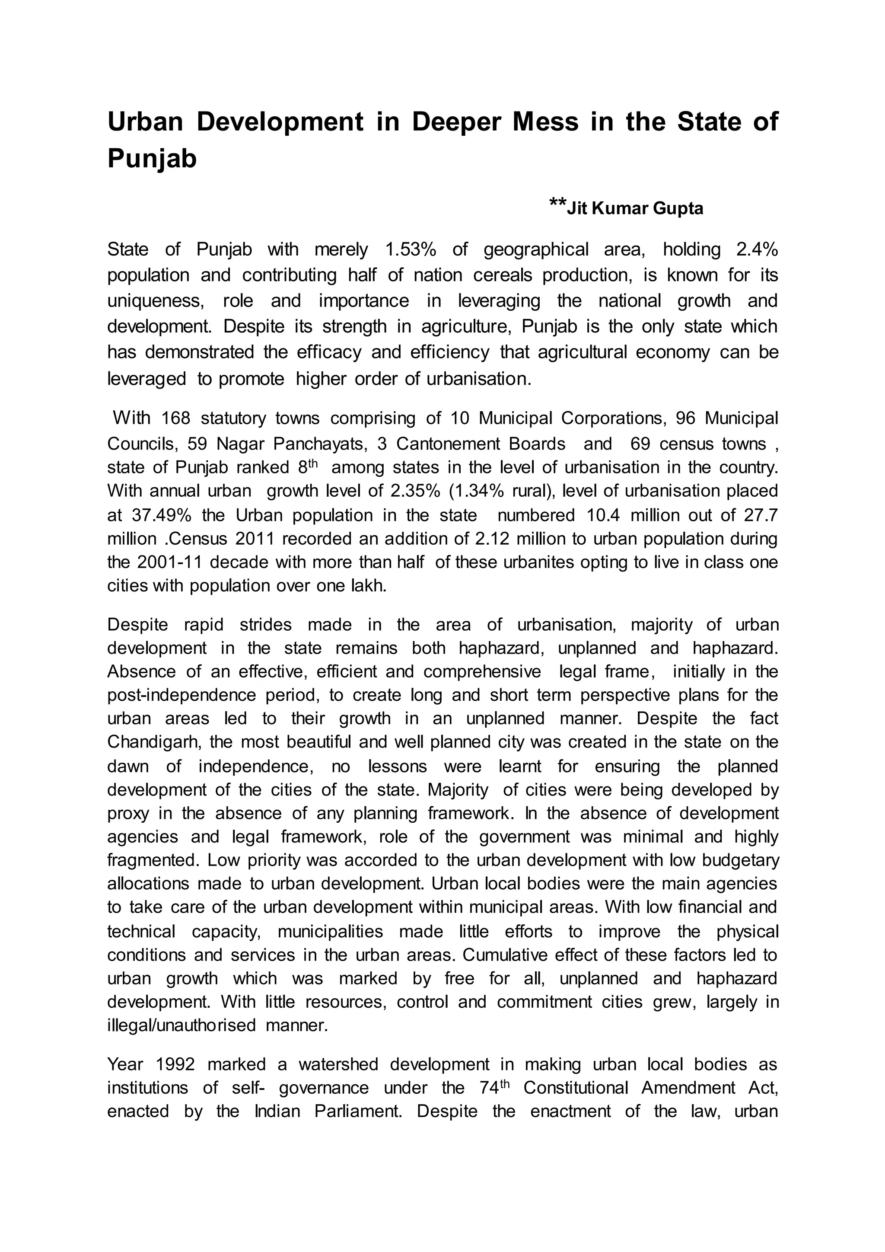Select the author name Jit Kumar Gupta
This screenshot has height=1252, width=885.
(x=635, y=209)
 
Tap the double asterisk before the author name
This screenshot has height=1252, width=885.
(x=557, y=203)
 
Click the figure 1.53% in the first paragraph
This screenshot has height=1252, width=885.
(x=411, y=250)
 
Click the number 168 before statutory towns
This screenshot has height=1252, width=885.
(x=176, y=418)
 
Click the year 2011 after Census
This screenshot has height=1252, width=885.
(x=255, y=539)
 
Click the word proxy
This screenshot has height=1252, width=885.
(x=127, y=813)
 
